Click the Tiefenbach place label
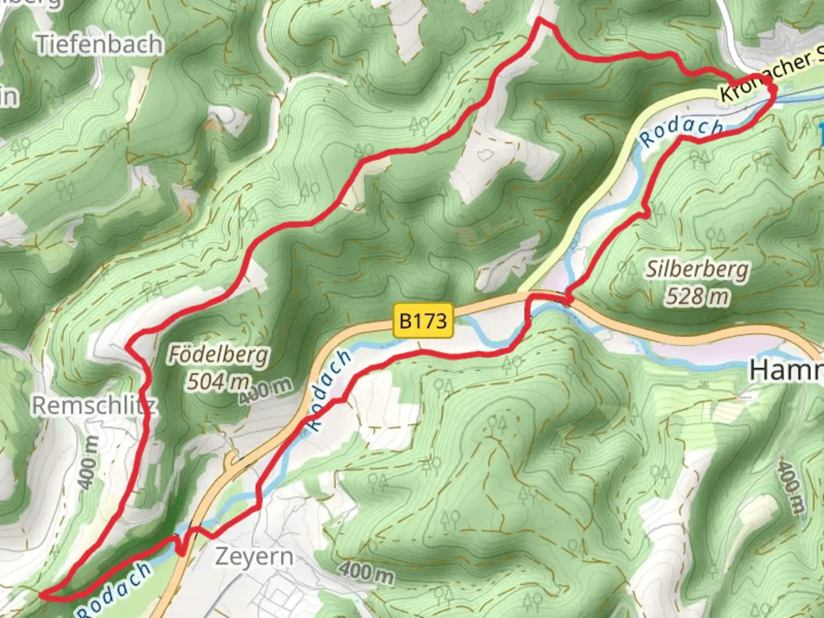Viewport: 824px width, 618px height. coord(100,44)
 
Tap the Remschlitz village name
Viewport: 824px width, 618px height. coord(94,406)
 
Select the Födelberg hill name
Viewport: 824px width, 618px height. coord(217,355)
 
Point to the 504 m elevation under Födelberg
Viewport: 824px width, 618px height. coord(218,381)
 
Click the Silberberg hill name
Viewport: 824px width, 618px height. coord(697,270)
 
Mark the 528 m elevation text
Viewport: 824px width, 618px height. coord(697,296)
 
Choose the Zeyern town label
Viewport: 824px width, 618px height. coord(254,556)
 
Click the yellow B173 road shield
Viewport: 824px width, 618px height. coord(423,320)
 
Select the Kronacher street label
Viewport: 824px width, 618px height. coord(767,78)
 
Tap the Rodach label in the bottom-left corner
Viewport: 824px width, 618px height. coord(114,589)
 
